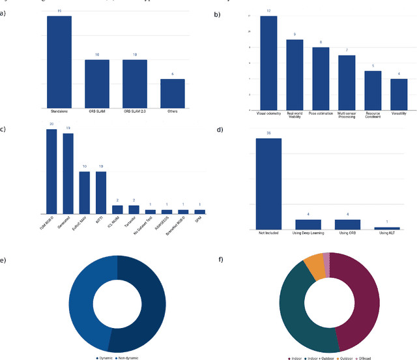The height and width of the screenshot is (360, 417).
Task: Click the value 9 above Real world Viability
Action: click(295, 34)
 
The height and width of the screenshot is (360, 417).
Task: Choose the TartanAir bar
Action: click(134, 209)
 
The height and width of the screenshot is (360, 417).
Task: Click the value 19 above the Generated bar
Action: click(68, 128)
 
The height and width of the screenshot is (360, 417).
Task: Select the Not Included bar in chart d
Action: click(268, 183)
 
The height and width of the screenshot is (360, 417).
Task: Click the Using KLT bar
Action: click(387, 228)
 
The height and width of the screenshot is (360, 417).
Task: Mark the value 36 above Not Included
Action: click(268, 133)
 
